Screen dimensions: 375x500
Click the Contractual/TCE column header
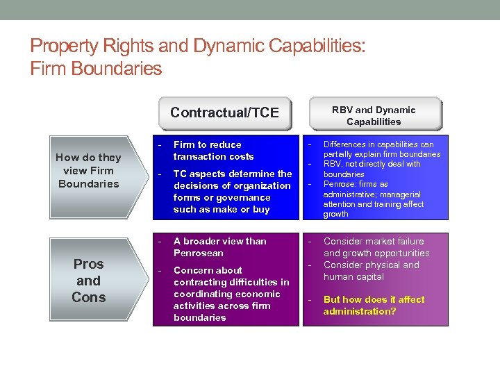224,112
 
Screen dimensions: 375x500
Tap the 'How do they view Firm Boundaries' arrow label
88,170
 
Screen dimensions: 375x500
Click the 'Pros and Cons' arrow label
88,281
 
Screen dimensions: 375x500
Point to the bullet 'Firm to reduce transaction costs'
213,151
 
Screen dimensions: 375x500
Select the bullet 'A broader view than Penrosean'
219,247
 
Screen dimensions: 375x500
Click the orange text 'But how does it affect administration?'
374,306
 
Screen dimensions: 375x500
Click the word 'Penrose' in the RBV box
340,184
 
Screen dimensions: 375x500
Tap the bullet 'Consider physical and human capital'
371,271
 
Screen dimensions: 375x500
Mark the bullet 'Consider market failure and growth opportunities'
376,247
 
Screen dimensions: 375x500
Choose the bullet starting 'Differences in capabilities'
381,149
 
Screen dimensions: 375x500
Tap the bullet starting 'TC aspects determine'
232,192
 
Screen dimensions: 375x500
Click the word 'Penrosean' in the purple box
199,253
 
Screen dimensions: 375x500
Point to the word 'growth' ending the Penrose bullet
336,214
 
